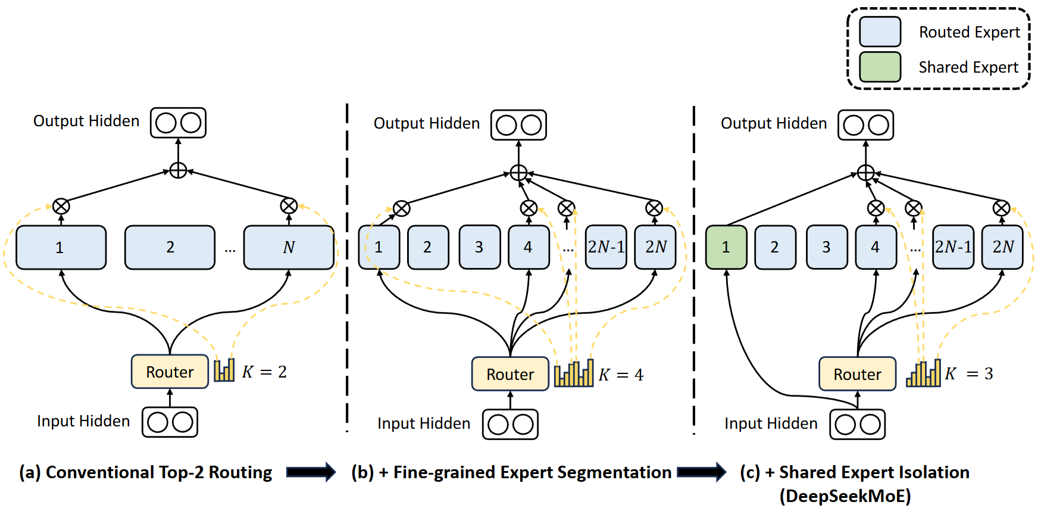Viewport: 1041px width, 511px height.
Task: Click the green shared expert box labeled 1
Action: click(x=726, y=247)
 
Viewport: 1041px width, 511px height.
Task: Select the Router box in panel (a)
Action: click(x=170, y=372)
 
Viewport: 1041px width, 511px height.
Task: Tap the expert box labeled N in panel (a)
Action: click(x=289, y=247)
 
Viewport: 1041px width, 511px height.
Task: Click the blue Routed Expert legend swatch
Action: click(x=880, y=32)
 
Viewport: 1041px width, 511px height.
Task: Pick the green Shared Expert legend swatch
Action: click(x=880, y=67)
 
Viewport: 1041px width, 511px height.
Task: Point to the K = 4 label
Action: click(x=621, y=375)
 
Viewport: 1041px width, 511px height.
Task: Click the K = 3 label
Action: click(x=969, y=373)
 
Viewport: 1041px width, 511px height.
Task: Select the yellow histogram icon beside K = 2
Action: click(x=224, y=370)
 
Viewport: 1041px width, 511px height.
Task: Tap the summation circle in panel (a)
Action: click(x=178, y=171)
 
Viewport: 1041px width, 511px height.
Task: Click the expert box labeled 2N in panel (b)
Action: click(x=655, y=247)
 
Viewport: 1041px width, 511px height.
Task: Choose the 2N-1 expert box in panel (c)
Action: click(x=953, y=247)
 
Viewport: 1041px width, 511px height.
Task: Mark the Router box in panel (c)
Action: click(x=857, y=374)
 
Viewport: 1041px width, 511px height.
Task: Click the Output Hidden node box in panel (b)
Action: click(x=518, y=125)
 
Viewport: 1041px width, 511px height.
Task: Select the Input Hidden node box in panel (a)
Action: click(x=170, y=422)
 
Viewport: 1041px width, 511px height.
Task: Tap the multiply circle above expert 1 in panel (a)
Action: click(x=61, y=206)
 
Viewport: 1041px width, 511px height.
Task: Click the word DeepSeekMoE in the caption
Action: click(x=845, y=496)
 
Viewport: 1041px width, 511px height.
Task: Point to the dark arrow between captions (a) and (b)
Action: click(x=311, y=472)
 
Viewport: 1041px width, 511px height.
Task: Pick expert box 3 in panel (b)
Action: click(x=479, y=247)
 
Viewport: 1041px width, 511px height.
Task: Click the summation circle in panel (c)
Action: click(x=865, y=173)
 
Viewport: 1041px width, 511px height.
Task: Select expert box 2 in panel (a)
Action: click(x=170, y=247)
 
